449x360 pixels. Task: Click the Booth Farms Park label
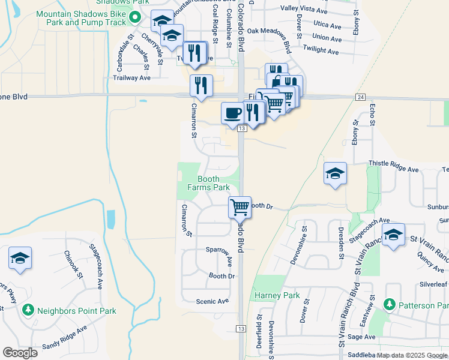(x=208, y=183)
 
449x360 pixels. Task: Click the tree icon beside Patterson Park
(x=391, y=305)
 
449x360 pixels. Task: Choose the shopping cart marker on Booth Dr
(x=240, y=207)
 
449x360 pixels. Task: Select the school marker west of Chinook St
(x=20, y=258)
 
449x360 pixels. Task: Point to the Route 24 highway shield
(x=360, y=97)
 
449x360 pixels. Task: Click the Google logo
(x=20, y=352)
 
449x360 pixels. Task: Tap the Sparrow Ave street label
(x=218, y=249)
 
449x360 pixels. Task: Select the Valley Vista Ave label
(x=304, y=10)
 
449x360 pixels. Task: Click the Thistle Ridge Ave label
(x=393, y=170)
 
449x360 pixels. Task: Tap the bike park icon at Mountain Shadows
(x=138, y=22)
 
